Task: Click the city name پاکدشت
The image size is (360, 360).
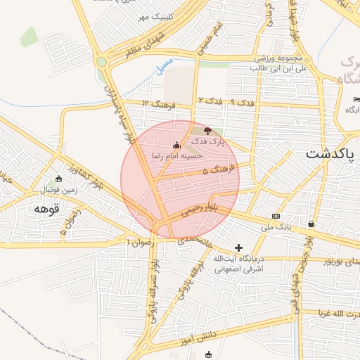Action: [330, 153]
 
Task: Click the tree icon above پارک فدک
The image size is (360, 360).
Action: [207, 131]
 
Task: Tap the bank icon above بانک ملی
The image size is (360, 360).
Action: [276, 216]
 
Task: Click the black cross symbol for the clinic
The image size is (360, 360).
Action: [238, 247]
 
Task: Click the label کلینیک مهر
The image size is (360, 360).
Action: [153, 17]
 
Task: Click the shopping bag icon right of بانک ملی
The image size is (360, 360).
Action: [311, 224]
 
